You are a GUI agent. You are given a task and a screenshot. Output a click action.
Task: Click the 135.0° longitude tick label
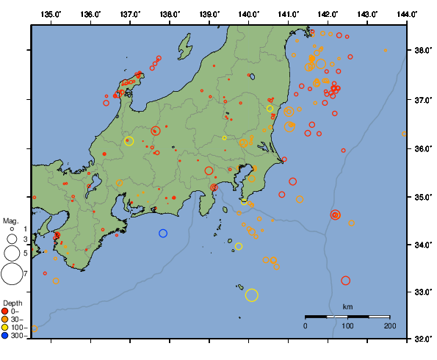(51, 14)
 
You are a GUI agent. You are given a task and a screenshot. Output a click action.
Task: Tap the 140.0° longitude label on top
(249, 14)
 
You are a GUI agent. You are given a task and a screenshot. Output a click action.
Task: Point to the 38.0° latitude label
(422, 50)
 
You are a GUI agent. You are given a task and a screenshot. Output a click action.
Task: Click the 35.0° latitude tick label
(422, 197)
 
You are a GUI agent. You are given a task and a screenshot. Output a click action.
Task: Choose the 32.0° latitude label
(422, 339)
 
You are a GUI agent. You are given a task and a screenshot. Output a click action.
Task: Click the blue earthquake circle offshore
(163, 233)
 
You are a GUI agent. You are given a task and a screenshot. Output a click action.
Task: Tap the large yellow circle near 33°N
(252, 295)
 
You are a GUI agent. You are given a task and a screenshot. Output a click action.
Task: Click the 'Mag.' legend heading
(10, 220)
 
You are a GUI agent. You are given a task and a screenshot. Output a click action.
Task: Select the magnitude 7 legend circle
(11, 274)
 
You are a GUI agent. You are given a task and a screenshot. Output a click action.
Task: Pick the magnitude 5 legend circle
(11, 253)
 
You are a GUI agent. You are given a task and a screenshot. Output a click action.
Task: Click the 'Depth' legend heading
(12, 303)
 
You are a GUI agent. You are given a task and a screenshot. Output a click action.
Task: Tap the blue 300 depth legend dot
(7, 336)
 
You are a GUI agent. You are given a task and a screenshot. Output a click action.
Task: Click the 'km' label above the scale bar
(347, 306)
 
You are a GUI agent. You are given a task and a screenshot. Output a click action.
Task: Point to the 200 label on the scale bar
(389, 325)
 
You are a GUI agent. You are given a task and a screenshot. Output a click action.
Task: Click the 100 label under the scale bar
(347, 325)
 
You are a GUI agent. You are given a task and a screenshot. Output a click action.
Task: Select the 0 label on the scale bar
(306, 325)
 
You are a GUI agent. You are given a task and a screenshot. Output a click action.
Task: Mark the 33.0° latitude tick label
(422, 292)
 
